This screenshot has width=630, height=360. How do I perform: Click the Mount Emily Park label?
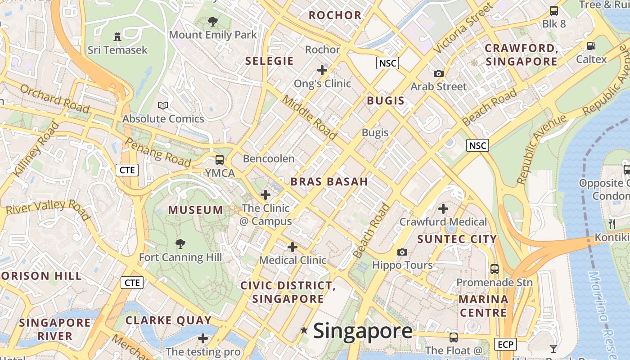[x=213, y=35]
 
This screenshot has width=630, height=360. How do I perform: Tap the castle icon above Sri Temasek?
[x=117, y=36]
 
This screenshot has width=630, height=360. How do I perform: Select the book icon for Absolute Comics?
[x=163, y=106]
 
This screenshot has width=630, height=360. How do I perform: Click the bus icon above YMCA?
[x=220, y=159]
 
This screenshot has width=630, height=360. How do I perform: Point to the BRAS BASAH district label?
[x=329, y=182]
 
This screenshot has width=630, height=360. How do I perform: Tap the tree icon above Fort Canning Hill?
[x=180, y=244]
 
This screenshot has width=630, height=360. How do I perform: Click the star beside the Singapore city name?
[x=305, y=331]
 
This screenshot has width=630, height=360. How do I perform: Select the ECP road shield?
[x=505, y=345]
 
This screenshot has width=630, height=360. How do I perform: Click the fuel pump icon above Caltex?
[x=591, y=46]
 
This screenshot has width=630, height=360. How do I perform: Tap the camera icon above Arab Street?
[x=438, y=73]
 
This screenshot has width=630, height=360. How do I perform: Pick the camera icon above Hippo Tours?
[x=402, y=252]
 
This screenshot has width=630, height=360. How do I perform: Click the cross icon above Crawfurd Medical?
[x=443, y=209]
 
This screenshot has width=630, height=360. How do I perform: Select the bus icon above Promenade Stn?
[x=495, y=269]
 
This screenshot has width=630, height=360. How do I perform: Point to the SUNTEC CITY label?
[x=457, y=239]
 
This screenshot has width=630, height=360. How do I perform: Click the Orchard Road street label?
[x=55, y=98]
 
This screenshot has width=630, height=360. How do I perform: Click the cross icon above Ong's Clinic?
[x=322, y=70]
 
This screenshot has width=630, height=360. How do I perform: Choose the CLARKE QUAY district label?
[x=168, y=320]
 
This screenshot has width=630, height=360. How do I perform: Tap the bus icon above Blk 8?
[x=554, y=11]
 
